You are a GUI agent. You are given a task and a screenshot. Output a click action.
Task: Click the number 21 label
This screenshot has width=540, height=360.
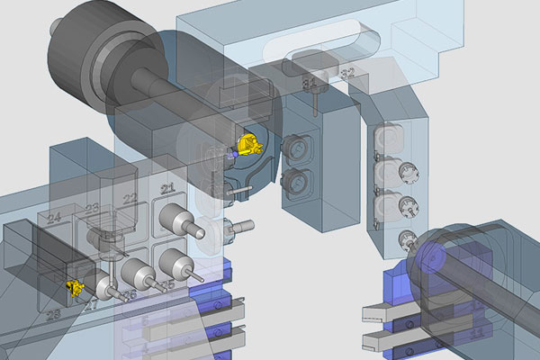click(x=166, y=188)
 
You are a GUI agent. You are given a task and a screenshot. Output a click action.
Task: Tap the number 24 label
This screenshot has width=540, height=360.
click(x=54, y=218)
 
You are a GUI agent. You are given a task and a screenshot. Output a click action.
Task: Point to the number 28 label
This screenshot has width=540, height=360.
click(x=54, y=313)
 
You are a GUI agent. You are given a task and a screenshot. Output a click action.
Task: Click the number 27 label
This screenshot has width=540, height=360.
click(x=91, y=304)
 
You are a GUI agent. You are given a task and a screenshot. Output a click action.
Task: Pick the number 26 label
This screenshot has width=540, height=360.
click(x=130, y=294)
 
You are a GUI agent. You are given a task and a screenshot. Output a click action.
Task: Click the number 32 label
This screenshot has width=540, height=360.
click(x=347, y=72)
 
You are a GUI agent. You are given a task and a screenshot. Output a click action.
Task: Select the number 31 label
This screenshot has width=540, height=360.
click(x=309, y=84)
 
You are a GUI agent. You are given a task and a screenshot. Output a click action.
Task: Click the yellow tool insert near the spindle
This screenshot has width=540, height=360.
click(x=249, y=144)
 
